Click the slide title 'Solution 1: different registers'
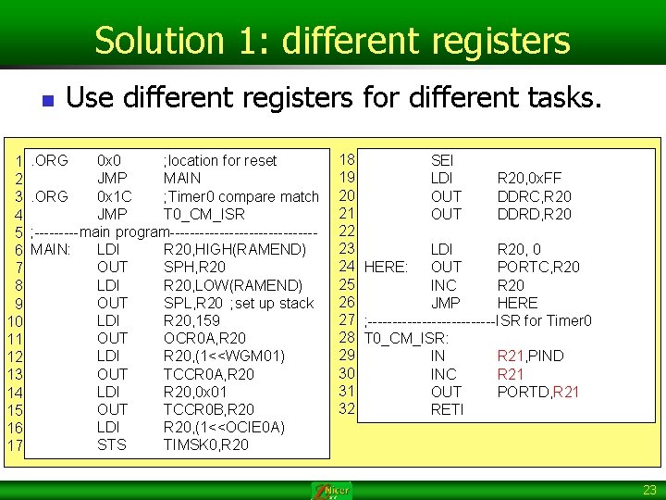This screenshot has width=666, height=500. (332, 41)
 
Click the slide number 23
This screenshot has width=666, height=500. (649, 490)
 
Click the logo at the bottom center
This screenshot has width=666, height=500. (332, 490)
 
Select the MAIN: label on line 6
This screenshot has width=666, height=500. (52, 249)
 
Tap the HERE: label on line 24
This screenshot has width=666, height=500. (387, 267)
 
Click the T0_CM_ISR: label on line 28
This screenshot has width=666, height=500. (406, 338)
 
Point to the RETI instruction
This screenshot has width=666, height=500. (447, 409)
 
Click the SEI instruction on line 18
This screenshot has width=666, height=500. (442, 160)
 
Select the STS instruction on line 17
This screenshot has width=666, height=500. (112, 444)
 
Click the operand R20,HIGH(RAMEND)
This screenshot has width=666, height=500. (234, 249)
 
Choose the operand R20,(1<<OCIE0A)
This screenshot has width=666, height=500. (224, 427)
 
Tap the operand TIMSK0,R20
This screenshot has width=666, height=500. (205, 444)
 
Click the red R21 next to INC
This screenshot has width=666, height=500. (511, 374)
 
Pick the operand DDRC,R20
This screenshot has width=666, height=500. (534, 196)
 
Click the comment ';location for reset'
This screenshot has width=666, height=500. (220, 160)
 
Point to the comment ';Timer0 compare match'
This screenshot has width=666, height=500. (240, 196)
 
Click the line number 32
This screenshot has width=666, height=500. (348, 408)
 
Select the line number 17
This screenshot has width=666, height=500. (16, 447)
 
